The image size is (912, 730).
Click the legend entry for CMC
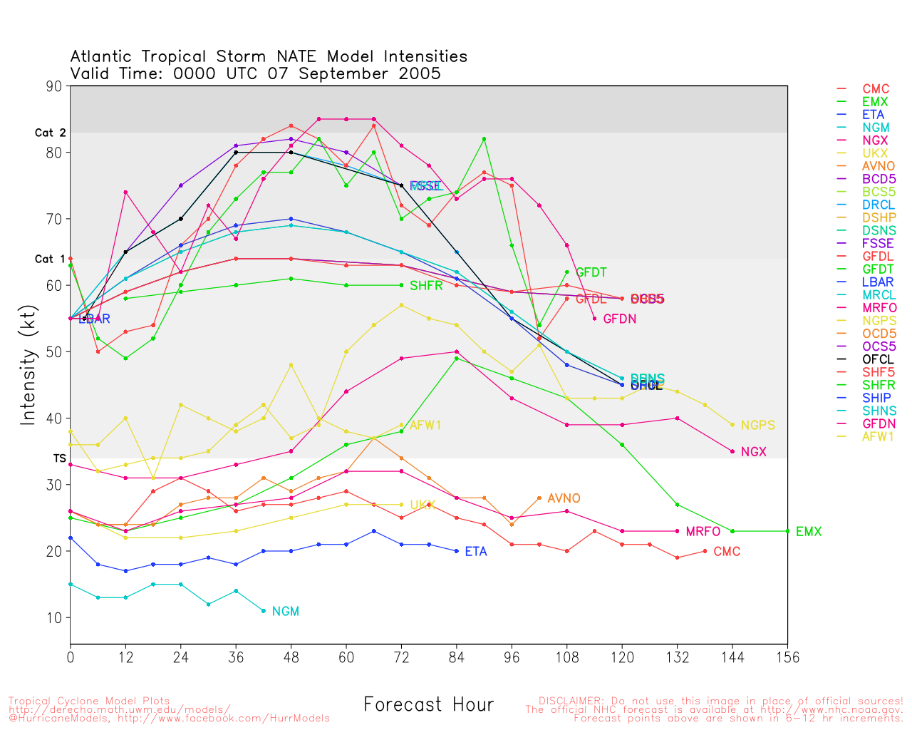[876, 89]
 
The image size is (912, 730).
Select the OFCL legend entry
[878, 359]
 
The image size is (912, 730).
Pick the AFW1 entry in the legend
[878, 436]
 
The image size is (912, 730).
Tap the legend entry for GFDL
[878, 256]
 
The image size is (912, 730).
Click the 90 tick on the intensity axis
[55, 86]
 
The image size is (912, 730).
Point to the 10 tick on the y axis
[55, 617]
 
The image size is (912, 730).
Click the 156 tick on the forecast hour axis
[787, 657]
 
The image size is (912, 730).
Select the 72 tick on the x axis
[401, 657]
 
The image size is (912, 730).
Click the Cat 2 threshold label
[50, 133]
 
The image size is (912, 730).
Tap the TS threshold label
[59, 458]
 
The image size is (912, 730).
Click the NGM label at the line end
[285, 612]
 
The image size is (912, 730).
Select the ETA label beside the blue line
[476, 552]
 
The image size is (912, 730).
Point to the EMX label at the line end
[809, 532]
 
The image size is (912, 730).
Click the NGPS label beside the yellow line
[757, 426]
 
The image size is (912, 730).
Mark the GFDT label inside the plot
[591, 272]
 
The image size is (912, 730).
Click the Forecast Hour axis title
[428, 705]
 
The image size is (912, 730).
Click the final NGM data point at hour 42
[264, 611]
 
